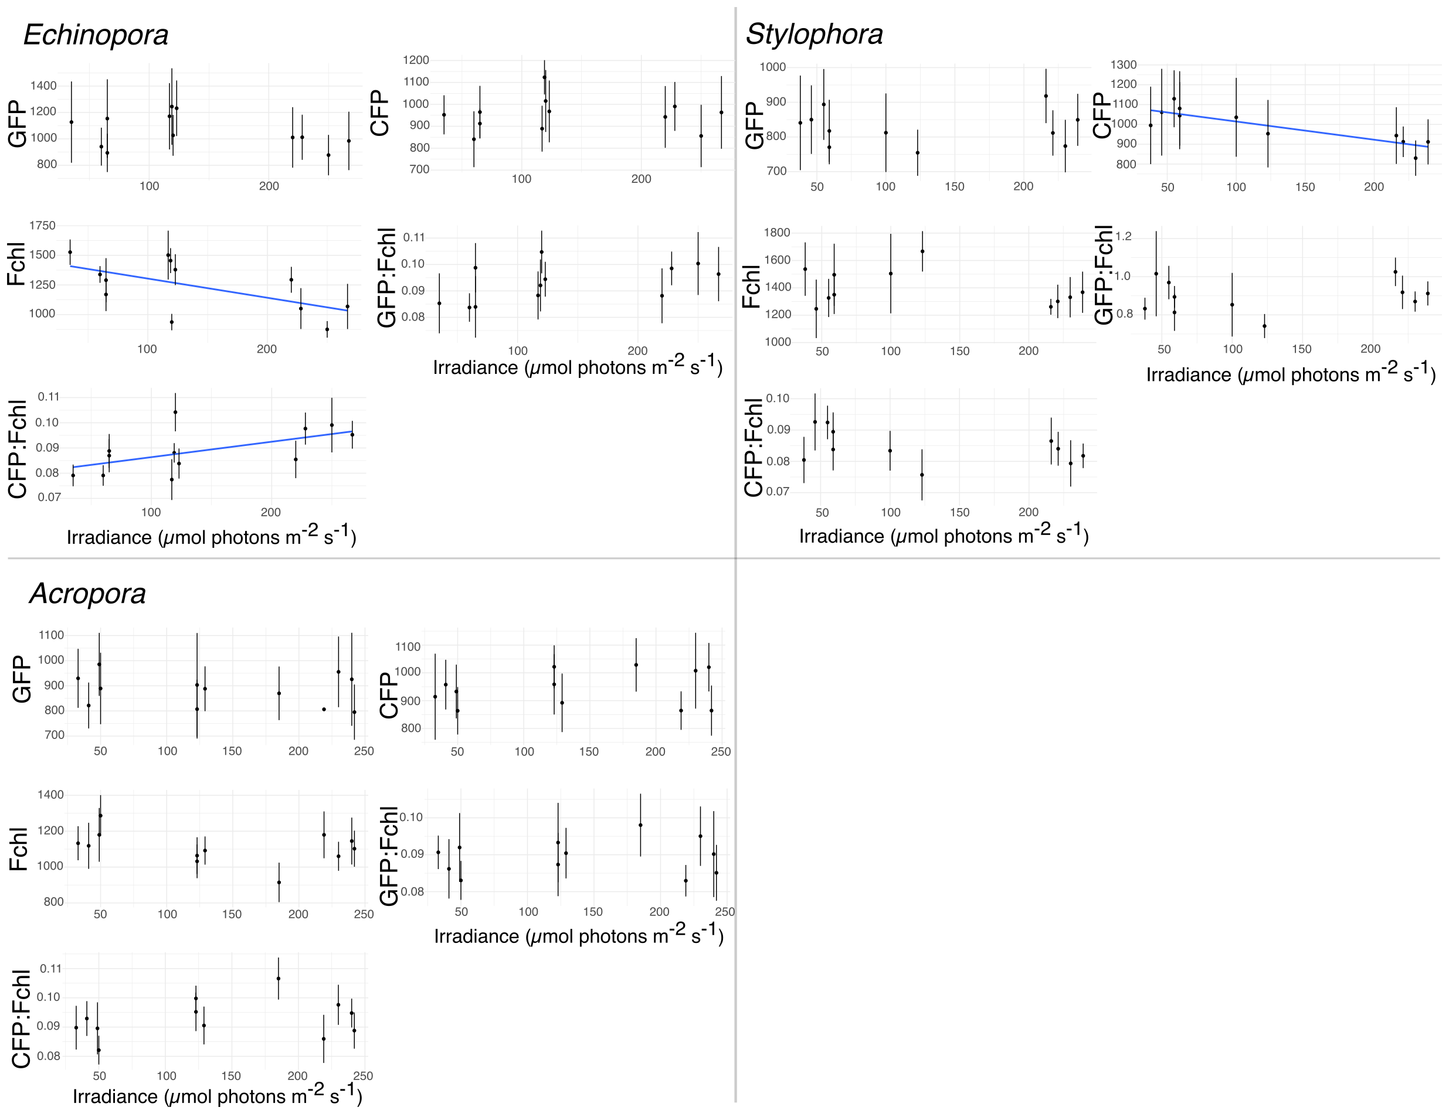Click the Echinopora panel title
click(96, 35)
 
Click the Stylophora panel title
click(814, 34)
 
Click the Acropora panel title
click(87, 593)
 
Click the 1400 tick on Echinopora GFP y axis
click(43, 86)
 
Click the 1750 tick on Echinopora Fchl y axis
click(42, 226)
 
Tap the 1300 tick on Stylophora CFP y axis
click(1123, 65)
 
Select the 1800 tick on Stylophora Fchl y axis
click(777, 233)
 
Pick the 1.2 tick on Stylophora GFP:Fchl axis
click(1123, 237)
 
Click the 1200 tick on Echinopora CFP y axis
click(416, 60)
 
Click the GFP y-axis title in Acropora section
click(21, 679)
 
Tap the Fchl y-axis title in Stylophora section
click(751, 287)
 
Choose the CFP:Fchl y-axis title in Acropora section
click(21, 1018)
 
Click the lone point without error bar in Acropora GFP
click(324, 709)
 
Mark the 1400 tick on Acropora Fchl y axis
click(51, 795)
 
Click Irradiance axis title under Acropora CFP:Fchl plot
click(217, 1095)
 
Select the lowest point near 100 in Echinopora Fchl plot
click(171, 322)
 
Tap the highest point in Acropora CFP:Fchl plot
click(278, 978)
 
